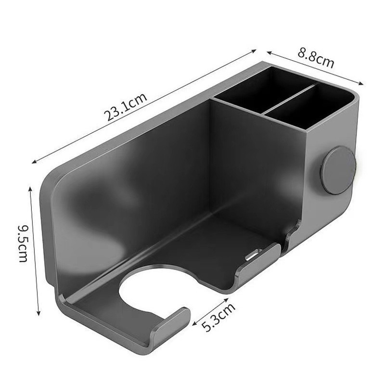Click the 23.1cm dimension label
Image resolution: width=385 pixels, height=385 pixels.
coord(126,106)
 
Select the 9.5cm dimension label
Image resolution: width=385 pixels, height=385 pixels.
coord(24,244)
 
